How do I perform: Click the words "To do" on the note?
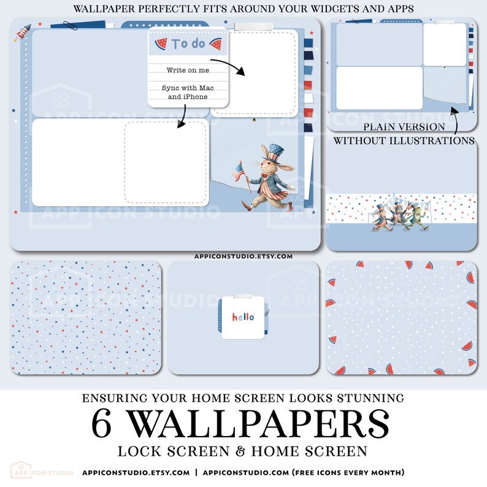(x=188, y=44)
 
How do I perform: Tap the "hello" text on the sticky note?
(x=243, y=317)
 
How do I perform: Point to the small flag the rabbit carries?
(x=238, y=172)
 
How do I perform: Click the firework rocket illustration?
(x=22, y=33)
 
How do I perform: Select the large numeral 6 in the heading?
(x=101, y=423)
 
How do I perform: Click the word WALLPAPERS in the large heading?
(x=258, y=423)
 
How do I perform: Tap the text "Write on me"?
(x=188, y=70)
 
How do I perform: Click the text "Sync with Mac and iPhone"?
(x=188, y=92)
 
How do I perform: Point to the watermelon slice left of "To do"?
(x=161, y=44)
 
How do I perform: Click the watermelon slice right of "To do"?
(x=215, y=44)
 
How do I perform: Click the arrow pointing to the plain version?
(x=455, y=120)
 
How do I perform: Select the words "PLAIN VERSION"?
(x=404, y=127)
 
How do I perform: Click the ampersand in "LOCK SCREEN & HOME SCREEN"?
(x=240, y=451)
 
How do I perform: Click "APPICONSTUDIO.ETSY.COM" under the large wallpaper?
(x=243, y=256)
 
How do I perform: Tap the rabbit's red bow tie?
(x=264, y=175)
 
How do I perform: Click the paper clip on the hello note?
(x=267, y=313)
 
